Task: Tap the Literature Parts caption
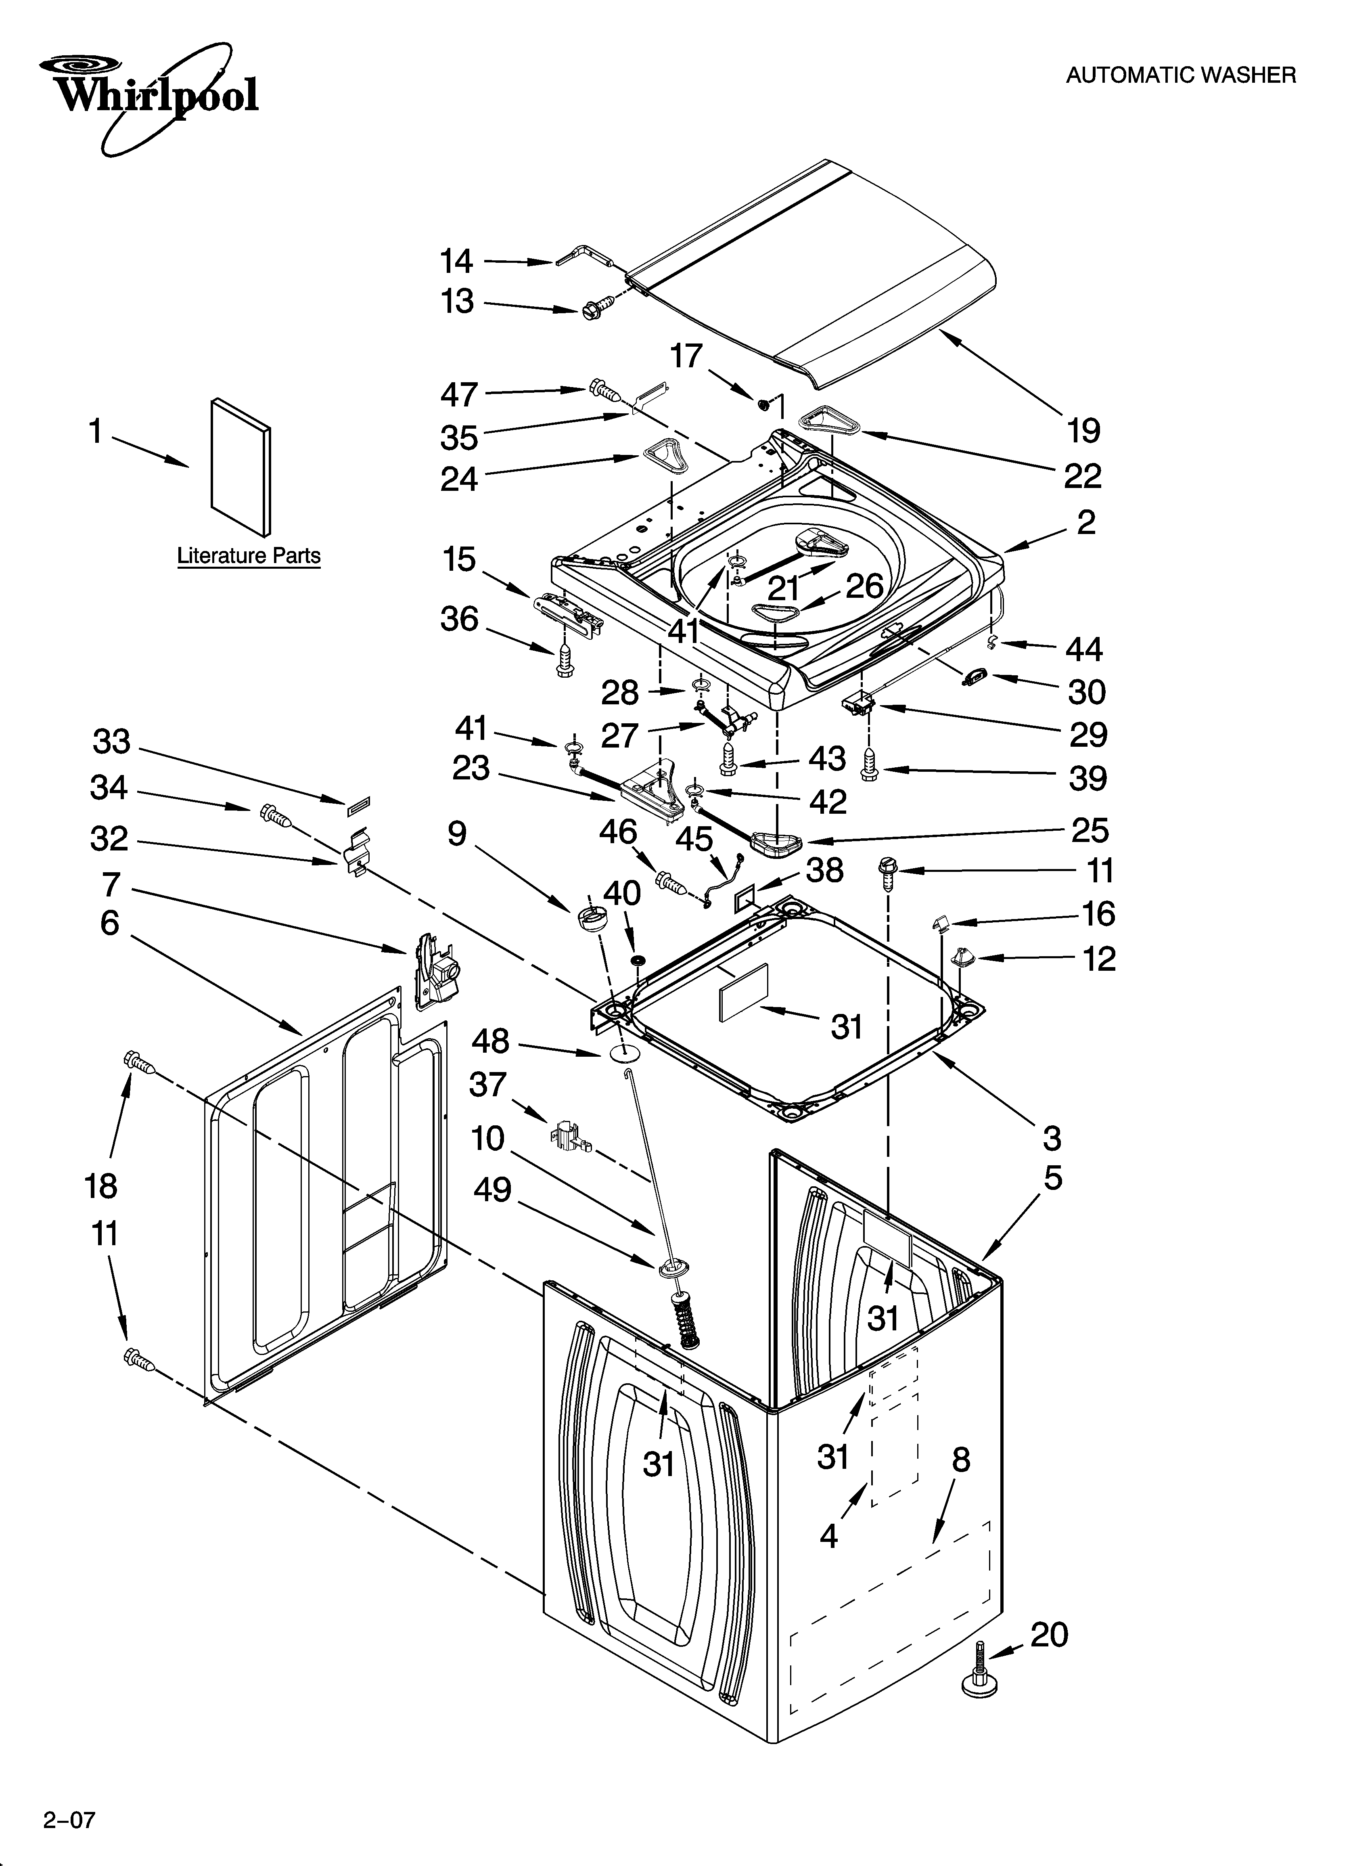(249, 556)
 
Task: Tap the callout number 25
(1089, 831)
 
